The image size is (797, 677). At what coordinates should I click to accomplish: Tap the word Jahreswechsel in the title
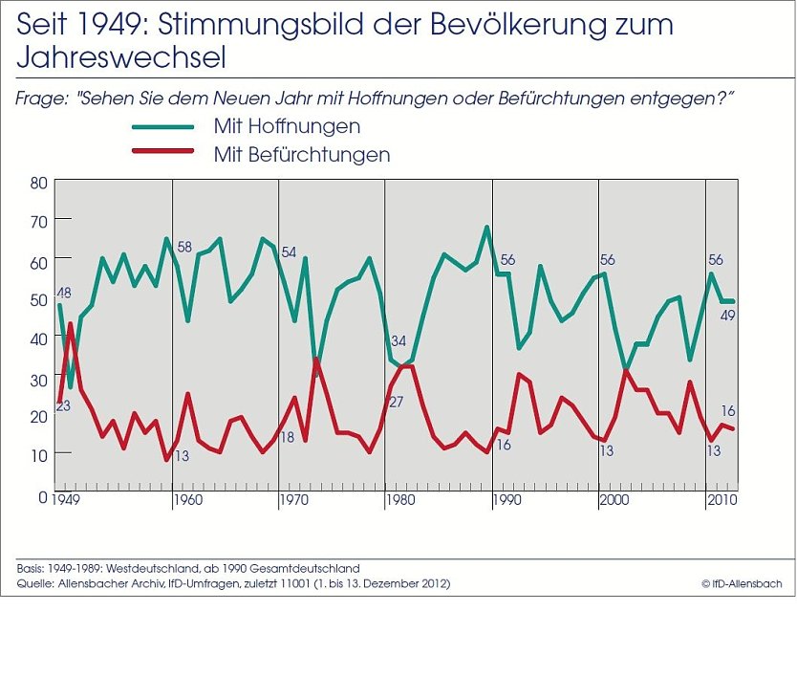click(121, 59)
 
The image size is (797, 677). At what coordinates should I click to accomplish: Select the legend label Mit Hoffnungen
click(287, 126)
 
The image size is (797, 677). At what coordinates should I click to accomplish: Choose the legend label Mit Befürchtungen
click(301, 154)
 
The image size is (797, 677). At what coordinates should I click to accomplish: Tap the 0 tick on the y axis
click(42, 496)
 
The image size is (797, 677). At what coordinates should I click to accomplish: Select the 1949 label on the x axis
click(66, 500)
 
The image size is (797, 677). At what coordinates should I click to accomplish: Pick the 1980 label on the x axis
click(398, 500)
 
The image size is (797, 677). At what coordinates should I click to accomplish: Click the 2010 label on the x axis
click(720, 500)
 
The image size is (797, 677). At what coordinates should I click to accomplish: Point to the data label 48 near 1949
click(65, 294)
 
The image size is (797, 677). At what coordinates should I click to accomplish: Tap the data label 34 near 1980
click(398, 340)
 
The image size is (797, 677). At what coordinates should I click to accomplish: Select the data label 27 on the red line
click(396, 402)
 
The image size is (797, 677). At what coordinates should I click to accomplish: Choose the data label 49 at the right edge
click(727, 317)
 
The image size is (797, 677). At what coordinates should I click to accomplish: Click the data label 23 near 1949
click(63, 405)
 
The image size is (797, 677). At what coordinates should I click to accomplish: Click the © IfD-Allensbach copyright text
click(743, 583)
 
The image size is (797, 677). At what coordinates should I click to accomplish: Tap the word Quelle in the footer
click(34, 583)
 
